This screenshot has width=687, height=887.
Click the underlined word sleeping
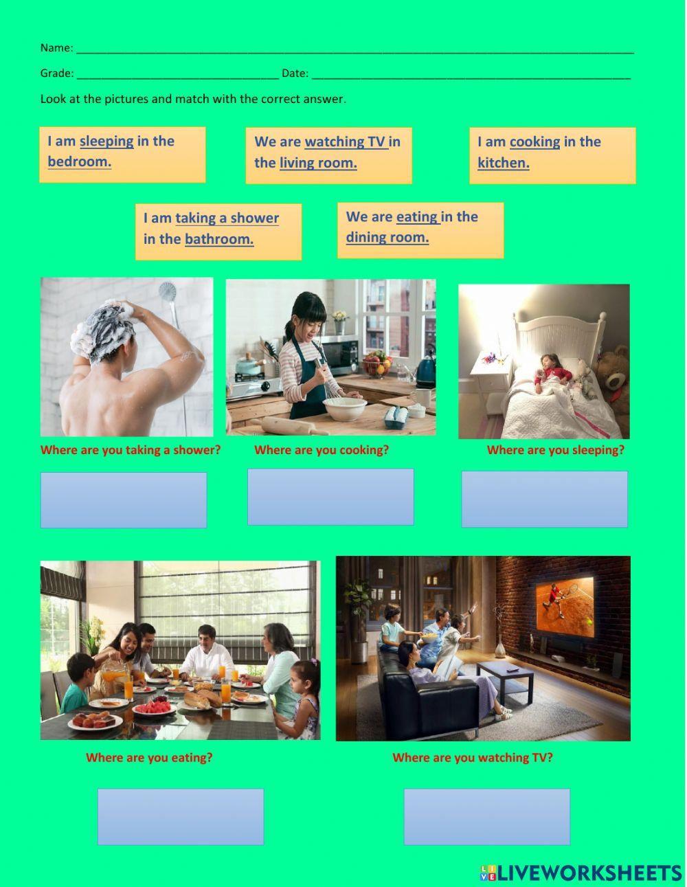(x=106, y=142)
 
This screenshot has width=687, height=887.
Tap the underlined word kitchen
(x=504, y=162)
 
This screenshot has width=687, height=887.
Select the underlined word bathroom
(x=219, y=239)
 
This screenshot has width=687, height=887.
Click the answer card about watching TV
(x=328, y=155)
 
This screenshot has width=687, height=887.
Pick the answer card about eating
(x=420, y=230)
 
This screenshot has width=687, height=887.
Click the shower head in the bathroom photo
(x=168, y=292)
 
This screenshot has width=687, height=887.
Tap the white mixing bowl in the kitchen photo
(x=344, y=408)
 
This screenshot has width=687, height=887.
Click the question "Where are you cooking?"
(x=322, y=450)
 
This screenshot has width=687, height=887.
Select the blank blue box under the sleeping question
(x=545, y=499)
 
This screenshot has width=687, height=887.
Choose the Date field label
(x=295, y=74)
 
